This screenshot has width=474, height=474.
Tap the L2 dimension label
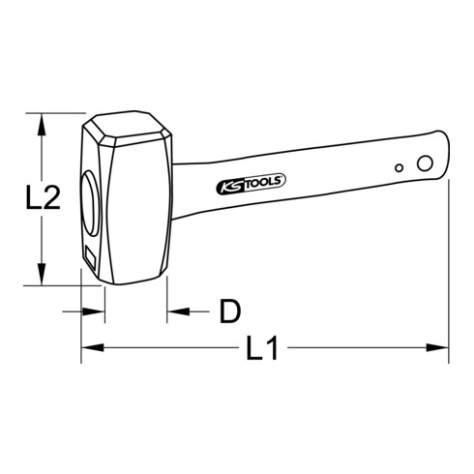[x=43, y=199]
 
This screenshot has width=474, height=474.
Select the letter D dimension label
[x=228, y=311]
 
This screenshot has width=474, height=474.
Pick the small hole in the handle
[x=398, y=168]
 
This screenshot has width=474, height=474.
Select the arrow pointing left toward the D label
[x=174, y=311]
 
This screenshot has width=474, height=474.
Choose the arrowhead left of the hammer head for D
[x=97, y=311]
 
